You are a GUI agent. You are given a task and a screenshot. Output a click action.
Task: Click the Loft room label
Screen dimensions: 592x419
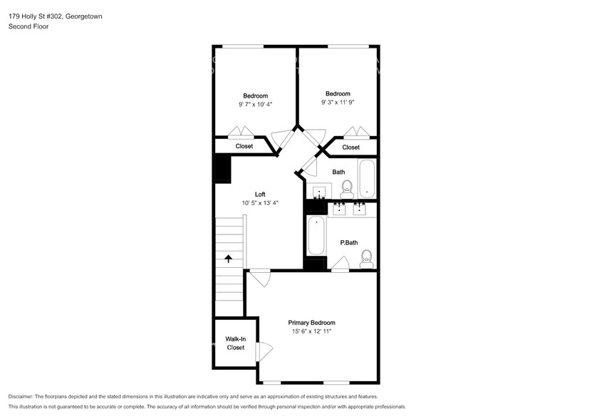260,195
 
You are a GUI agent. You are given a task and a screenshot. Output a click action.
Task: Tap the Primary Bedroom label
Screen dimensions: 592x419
311,323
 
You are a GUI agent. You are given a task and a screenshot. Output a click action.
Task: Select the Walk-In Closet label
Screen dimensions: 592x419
236,343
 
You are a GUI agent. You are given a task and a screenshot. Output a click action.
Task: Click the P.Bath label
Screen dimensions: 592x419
349,242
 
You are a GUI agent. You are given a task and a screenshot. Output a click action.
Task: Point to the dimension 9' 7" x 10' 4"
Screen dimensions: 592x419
255,104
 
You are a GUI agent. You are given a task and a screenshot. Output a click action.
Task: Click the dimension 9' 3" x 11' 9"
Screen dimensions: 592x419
338,102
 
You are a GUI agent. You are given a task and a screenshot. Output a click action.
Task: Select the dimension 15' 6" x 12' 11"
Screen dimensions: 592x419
311,331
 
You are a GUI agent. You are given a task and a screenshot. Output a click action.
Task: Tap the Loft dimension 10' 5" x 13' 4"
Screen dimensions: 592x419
260,203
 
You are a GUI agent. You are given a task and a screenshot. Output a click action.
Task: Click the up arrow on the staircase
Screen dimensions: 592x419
229,259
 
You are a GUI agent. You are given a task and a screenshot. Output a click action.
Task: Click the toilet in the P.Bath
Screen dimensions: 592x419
367,259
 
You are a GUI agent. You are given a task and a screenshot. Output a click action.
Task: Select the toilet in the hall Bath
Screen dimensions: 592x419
347,190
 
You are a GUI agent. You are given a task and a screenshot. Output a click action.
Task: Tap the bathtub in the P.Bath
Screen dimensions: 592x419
316,235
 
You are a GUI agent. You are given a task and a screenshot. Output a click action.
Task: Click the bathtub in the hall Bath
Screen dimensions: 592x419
367,179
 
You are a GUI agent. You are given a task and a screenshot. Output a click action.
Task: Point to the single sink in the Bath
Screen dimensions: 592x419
319,192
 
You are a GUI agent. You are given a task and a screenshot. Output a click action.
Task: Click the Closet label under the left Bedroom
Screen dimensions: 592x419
244,146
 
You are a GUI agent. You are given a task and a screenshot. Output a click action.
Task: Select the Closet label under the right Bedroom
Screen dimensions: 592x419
350,148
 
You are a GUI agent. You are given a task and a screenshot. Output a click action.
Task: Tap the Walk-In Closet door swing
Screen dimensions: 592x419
264,352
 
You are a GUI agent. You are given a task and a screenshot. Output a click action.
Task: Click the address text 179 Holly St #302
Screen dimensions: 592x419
36,16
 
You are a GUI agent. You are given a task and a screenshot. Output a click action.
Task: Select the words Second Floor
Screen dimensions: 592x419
28,26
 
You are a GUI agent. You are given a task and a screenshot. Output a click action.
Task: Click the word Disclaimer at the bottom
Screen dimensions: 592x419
21,397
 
